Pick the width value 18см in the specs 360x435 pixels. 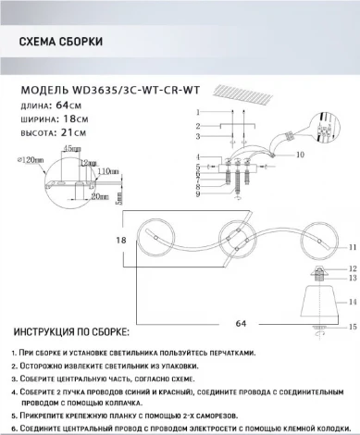[78, 118]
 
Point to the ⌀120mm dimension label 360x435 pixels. [29, 159]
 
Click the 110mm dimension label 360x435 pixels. [110, 172]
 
